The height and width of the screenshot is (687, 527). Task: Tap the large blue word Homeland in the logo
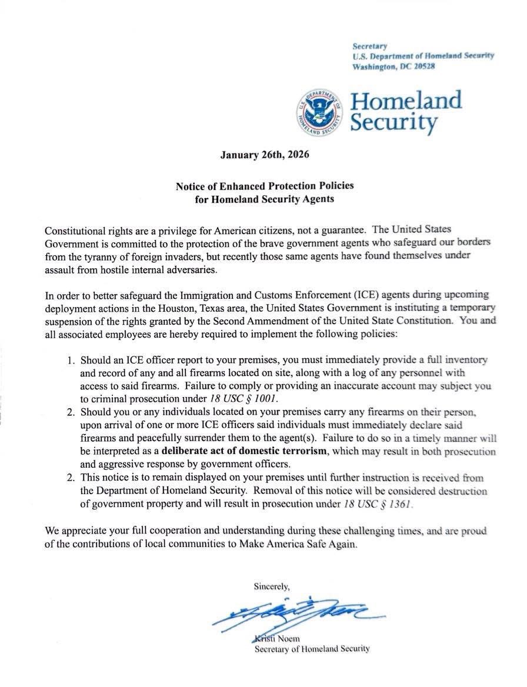point(406,100)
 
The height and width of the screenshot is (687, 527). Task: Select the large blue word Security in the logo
point(393,123)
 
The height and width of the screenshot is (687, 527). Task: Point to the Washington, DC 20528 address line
point(393,66)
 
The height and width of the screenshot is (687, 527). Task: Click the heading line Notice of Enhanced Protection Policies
point(264,186)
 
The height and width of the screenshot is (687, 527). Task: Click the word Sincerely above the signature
point(271,586)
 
